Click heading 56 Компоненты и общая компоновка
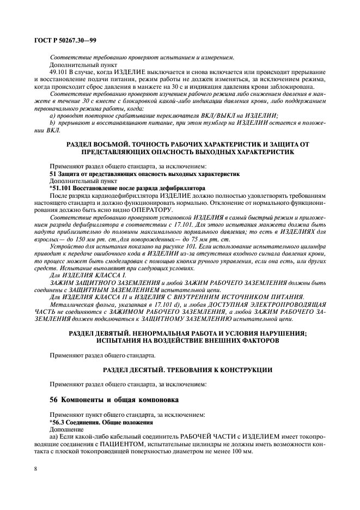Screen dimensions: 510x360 (x=111, y=399)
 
